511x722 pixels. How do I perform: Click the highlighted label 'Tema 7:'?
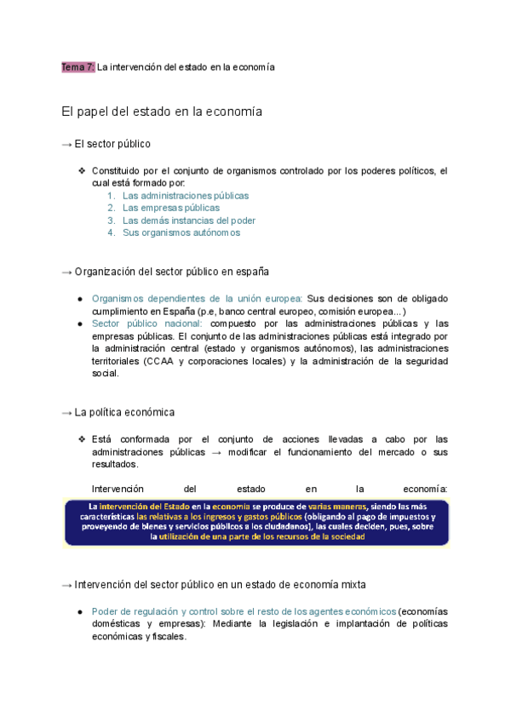pos(78,67)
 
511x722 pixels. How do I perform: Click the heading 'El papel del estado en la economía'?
pos(162,112)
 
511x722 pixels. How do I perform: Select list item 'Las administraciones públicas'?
pos(186,195)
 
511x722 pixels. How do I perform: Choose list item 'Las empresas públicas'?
pos(170,208)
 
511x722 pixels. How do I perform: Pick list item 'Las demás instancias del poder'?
pos(189,220)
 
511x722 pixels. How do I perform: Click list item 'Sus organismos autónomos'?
pos(181,232)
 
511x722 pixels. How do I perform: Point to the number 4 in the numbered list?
pos(111,232)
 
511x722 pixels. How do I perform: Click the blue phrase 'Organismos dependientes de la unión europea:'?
pos(197,299)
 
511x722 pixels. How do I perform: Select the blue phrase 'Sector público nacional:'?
pos(146,324)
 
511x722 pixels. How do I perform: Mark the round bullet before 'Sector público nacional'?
pos(79,324)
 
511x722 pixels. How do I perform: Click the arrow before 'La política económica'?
pos(67,412)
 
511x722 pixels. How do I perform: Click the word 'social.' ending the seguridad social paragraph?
pos(106,373)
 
